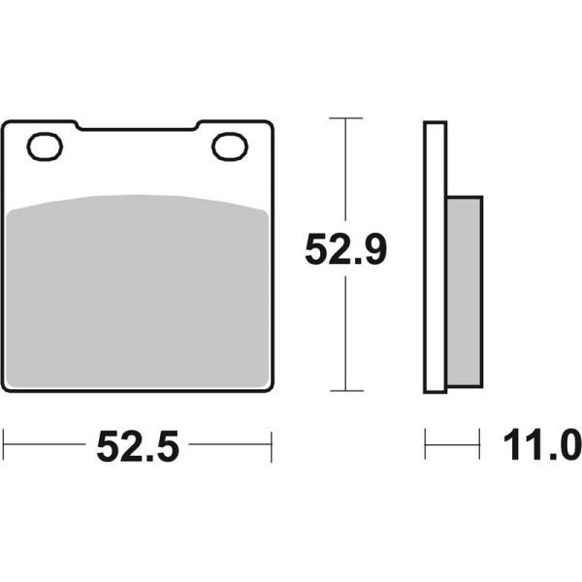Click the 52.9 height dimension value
pos(345,249)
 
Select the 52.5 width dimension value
pos(138,446)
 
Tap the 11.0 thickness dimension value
pos(542,444)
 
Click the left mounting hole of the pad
pos(45,146)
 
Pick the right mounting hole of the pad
pos(230,146)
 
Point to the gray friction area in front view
pos(138,291)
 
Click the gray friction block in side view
pos(465,292)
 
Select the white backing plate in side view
pos(435,257)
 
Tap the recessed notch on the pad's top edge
pos(138,127)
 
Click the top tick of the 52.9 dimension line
pos(345,118)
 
